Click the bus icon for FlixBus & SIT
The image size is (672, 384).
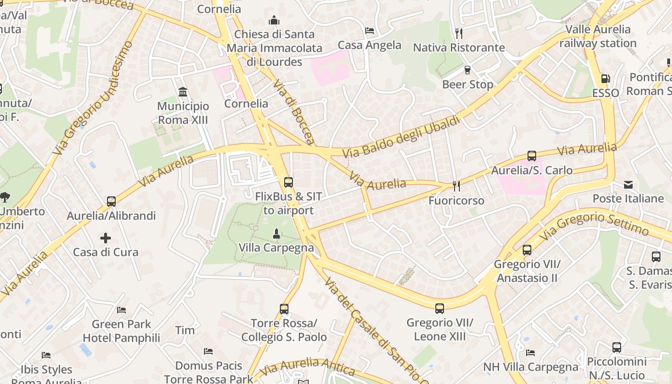288,182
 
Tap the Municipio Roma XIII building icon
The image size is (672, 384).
183,92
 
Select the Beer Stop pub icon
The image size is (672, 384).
467,70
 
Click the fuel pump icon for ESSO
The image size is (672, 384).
605,79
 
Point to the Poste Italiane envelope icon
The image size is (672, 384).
628,185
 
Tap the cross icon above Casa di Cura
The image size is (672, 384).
106,238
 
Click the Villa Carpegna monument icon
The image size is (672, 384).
276,234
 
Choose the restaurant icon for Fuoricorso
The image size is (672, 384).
456,186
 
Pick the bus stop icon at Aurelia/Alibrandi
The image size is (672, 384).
111,202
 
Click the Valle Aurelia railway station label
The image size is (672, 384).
598,36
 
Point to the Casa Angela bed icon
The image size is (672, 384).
369,31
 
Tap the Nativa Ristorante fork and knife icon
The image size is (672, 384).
459,33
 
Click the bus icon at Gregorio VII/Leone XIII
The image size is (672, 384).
440,309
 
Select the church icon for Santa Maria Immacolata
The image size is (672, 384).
274,20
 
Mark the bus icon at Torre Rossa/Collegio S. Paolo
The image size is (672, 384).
284,309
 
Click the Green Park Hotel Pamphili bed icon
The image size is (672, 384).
121,310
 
